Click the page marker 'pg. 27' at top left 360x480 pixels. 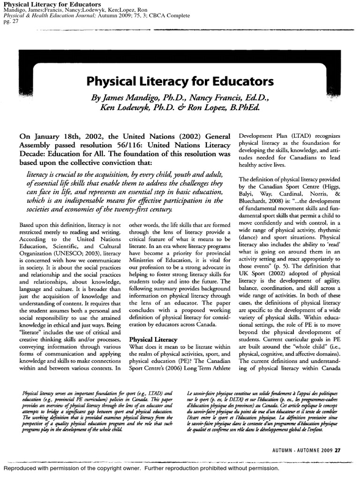[10, 22]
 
